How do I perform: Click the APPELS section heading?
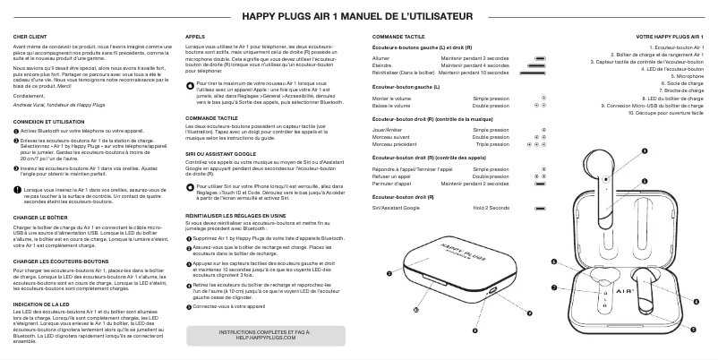point(194,35)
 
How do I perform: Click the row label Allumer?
point(381,57)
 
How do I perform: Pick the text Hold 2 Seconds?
point(491,207)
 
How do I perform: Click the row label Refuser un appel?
point(393,175)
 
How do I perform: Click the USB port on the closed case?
point(491,292)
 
